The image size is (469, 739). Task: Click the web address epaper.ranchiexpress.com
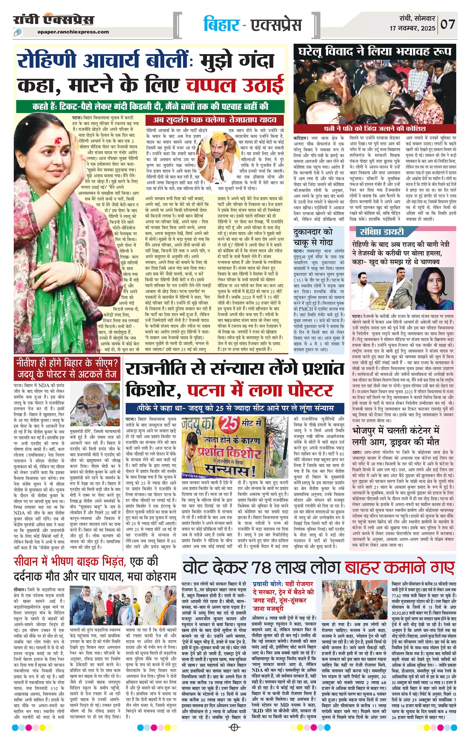click(x=74, y=32)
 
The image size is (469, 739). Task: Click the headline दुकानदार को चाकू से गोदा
click(x=313, y=237)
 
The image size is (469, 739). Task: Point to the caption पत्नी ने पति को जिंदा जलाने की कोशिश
click(x=374, y=128)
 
